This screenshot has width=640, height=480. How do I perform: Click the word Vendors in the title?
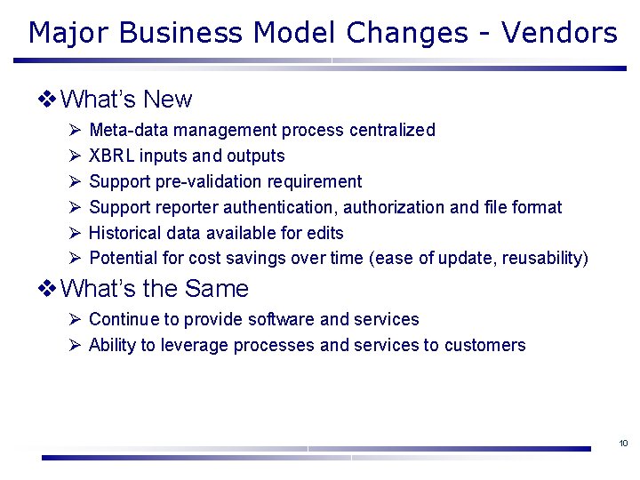click(x=559, y=33)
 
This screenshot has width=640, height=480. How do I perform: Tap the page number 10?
click(x=623, y=443)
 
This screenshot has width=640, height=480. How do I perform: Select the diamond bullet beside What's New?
click(x=49, y=99)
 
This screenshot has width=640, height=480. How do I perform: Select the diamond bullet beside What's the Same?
click(x=49, y=288)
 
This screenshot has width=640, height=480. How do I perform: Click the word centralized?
click(x=392, y=131)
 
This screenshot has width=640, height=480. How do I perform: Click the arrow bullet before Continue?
click(x=75, y=319)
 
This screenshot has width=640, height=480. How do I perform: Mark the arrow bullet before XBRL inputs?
click(x=75, y=156)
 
